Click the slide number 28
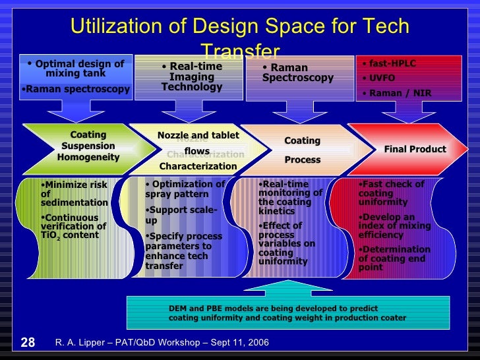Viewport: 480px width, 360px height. click(x=28, y=342)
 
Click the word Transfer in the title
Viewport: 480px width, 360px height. click(x=239, y=51)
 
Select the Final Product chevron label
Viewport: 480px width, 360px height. click(x=415, y=149)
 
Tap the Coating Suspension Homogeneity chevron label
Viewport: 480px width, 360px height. click(x=88, y=146)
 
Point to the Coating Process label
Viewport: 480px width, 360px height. click(x=302, y=150)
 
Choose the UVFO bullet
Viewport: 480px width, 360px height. click(x=382, y=78)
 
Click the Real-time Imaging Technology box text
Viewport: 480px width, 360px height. click(x=192, y=76)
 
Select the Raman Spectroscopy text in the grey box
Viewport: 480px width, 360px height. click(x=297, y=73)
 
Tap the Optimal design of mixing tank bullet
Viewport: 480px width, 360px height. click(x=75, y=69)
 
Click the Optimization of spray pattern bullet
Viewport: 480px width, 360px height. click(x=185, y=189)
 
